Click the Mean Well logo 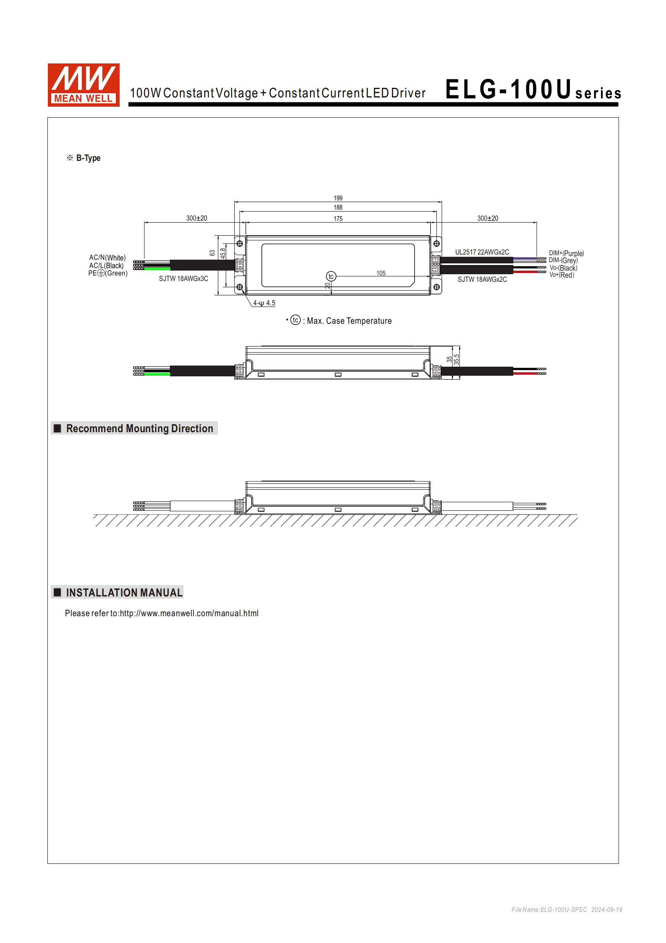pos(84,85)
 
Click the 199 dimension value pos(338,198)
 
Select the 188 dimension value pos(338,208)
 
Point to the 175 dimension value pos(338,218)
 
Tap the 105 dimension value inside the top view pos(381,273)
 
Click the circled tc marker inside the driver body pos(331,276)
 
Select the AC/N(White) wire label pos(107,257)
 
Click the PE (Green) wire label pos(108,273)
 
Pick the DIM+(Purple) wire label pos(566,253)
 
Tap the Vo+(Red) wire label pos(562,275)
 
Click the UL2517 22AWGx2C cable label pos(482,252)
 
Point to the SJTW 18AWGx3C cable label pos(183,278)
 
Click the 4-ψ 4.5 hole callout pos(264,303)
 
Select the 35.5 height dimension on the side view pos(457,359)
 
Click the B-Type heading pos(88,158)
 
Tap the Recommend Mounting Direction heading pos(139,428)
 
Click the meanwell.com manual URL pos(189,613)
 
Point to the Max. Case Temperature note pos(349,321)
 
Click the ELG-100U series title pos(533,90)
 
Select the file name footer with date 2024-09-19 pos(567,909)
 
